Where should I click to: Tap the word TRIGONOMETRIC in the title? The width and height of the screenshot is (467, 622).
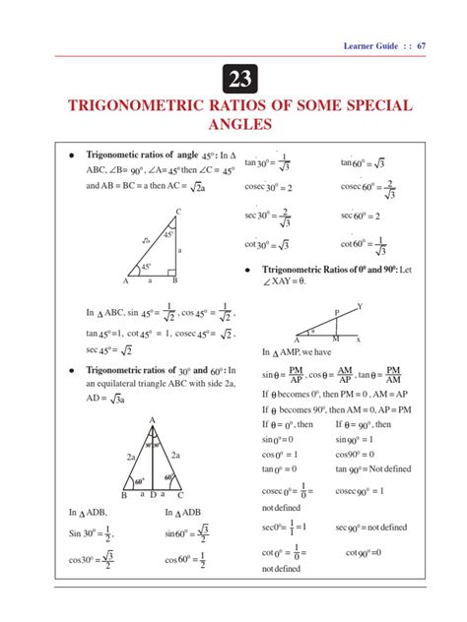pyautogui.click(x=141, y=106)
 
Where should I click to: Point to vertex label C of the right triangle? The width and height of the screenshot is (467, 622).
pyautogui.click(x=178, y=213)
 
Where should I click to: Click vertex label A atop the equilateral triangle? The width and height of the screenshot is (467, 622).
pyautogui.click(x=153, y=419)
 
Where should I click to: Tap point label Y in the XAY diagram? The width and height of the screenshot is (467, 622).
pyautogui.click(x=360, y=306)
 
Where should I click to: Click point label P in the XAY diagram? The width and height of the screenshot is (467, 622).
pyautogui.click(x=337, y=312)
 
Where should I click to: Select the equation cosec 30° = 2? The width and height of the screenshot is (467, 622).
pyautogui.click(x=268, y=187)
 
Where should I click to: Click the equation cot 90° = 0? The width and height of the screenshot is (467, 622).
pyautogui.click(x=369, y=553)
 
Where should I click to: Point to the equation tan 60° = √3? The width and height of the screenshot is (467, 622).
pyautogui.click(x=363, y=160)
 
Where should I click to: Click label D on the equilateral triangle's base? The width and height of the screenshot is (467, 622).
pyautogui.click(x=153, y=495)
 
